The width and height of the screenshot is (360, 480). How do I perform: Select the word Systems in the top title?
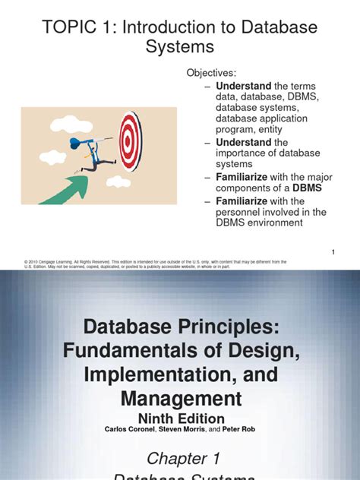point(179,48)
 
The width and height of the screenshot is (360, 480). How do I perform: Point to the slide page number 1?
point(333,251)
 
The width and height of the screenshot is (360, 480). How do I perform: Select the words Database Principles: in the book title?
point(180,328)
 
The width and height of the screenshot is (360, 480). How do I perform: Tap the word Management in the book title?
point(180,398)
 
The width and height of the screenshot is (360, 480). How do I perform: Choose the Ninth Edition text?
point(180,418)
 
